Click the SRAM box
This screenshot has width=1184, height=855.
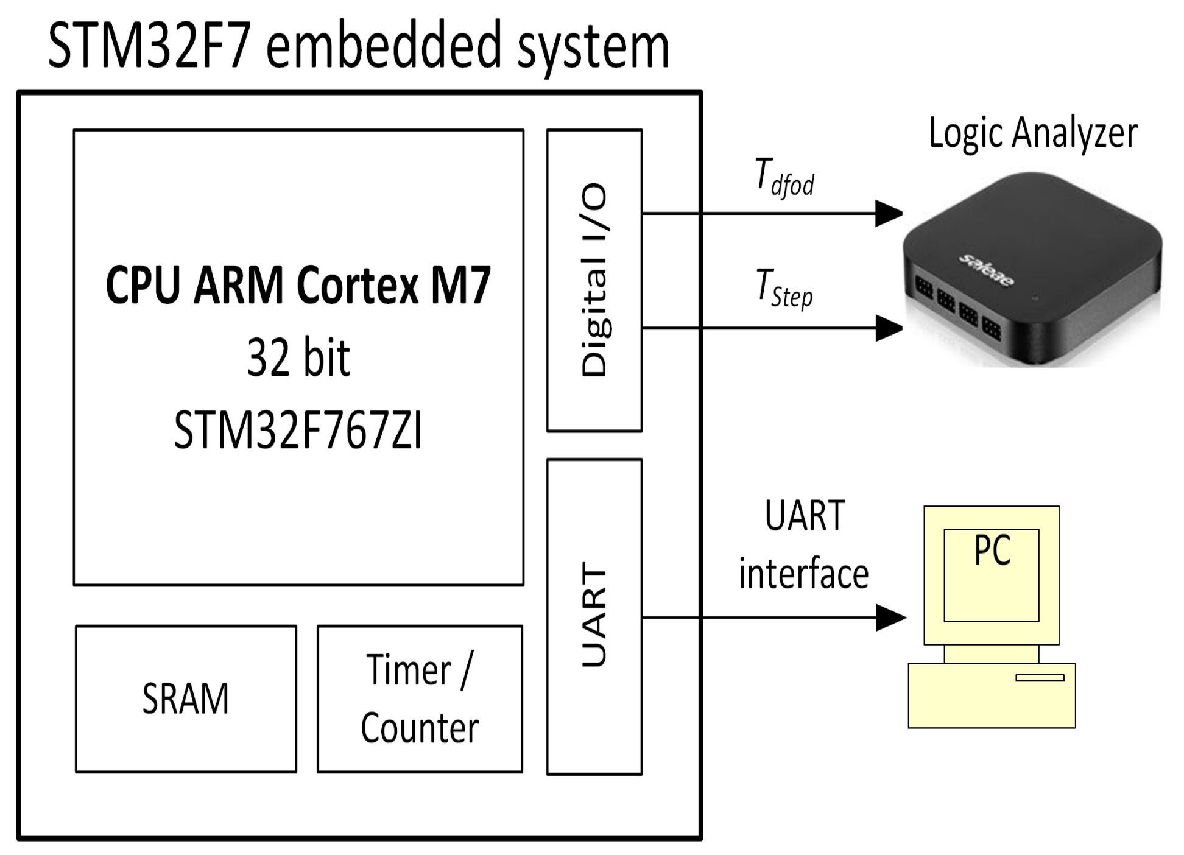[x=186, y=698]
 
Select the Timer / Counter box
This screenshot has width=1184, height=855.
[x=420, y=698]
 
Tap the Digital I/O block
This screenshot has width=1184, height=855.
[x=594, y=280]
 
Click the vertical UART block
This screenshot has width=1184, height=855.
[x=594, y=616]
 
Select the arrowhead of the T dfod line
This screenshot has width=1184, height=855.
[x=889, y=214]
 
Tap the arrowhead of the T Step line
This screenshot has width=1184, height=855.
[x=889, y=328]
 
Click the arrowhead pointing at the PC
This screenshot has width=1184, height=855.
[x=891, y=618]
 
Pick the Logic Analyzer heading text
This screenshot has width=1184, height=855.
[x=1033, y=133]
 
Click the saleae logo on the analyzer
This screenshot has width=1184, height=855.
[x=987, y=270]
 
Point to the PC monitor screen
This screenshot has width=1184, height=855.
[x=992, y=575]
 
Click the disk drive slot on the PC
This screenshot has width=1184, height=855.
[x=1040, y=677]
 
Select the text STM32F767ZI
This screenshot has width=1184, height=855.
[x=298, y=431]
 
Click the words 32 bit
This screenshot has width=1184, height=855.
[x=298, y=358]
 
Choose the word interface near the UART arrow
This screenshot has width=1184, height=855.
[x=803, y=574]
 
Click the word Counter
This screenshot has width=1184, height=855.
[x=420, y=728]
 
